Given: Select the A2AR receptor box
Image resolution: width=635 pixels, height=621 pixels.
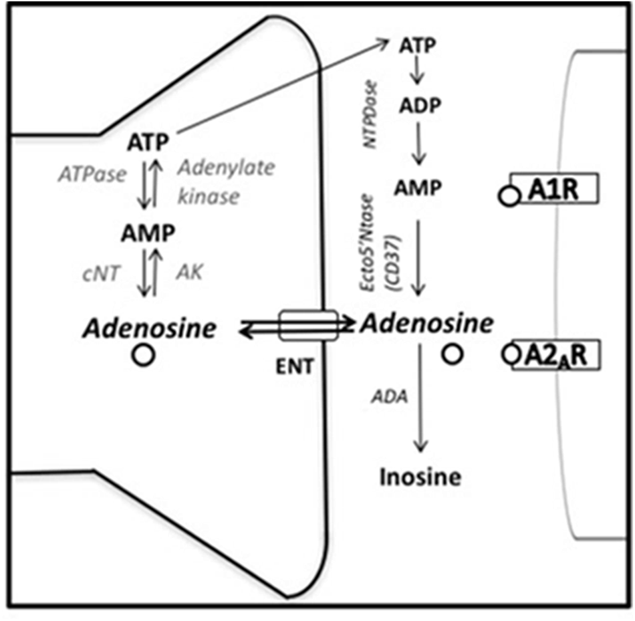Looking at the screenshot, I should click(x=555, y=355).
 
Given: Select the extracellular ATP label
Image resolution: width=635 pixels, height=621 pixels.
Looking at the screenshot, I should click(x=418, y=45).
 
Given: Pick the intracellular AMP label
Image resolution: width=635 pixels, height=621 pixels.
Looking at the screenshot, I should click(x=148, y=233).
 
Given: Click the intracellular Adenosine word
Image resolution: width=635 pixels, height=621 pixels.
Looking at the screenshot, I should click(x=150, y=328).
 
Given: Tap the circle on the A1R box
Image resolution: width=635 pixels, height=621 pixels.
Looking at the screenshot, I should click(x=509, y=197).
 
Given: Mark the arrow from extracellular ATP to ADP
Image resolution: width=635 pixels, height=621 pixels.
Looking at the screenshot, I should click(x=418, y=71).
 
